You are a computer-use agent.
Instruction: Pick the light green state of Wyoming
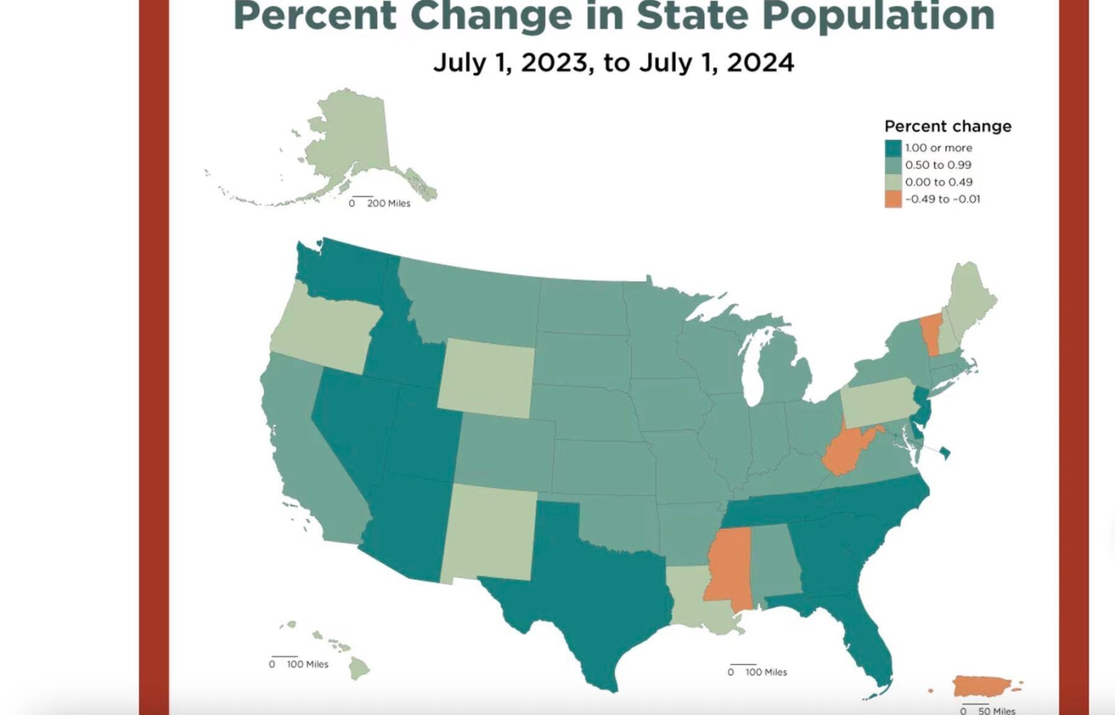(486, 378)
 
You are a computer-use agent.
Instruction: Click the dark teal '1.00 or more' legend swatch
(893, 148)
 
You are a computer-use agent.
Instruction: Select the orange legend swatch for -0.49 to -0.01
(893, 199)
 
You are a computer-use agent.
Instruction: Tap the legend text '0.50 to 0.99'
(938, 165)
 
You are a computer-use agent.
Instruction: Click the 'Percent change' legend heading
(948, 126)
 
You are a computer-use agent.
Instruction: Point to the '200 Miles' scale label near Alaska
(388, 203)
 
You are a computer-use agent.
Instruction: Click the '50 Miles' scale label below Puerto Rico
(997, 711)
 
